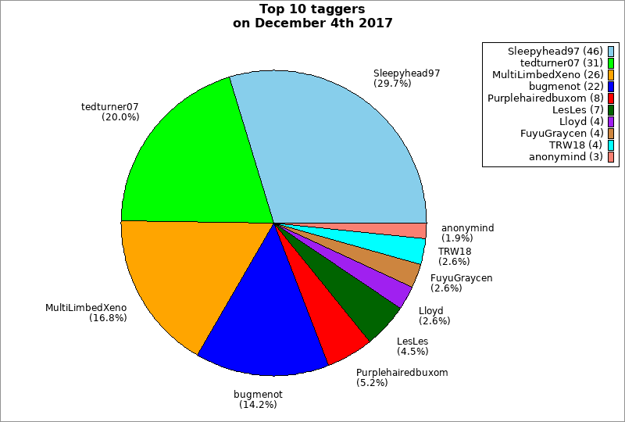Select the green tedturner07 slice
tap(195, 156)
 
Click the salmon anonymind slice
tap(410, 231)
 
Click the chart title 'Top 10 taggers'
tap(312, 9)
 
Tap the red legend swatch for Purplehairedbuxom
tap(611, 98)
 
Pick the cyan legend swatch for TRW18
tap(611, 145)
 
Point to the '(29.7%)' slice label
tap(392, 83)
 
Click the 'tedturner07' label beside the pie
tap(110, 106)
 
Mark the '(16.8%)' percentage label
tap(108, 318)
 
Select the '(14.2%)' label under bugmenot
tap(258, 404)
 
